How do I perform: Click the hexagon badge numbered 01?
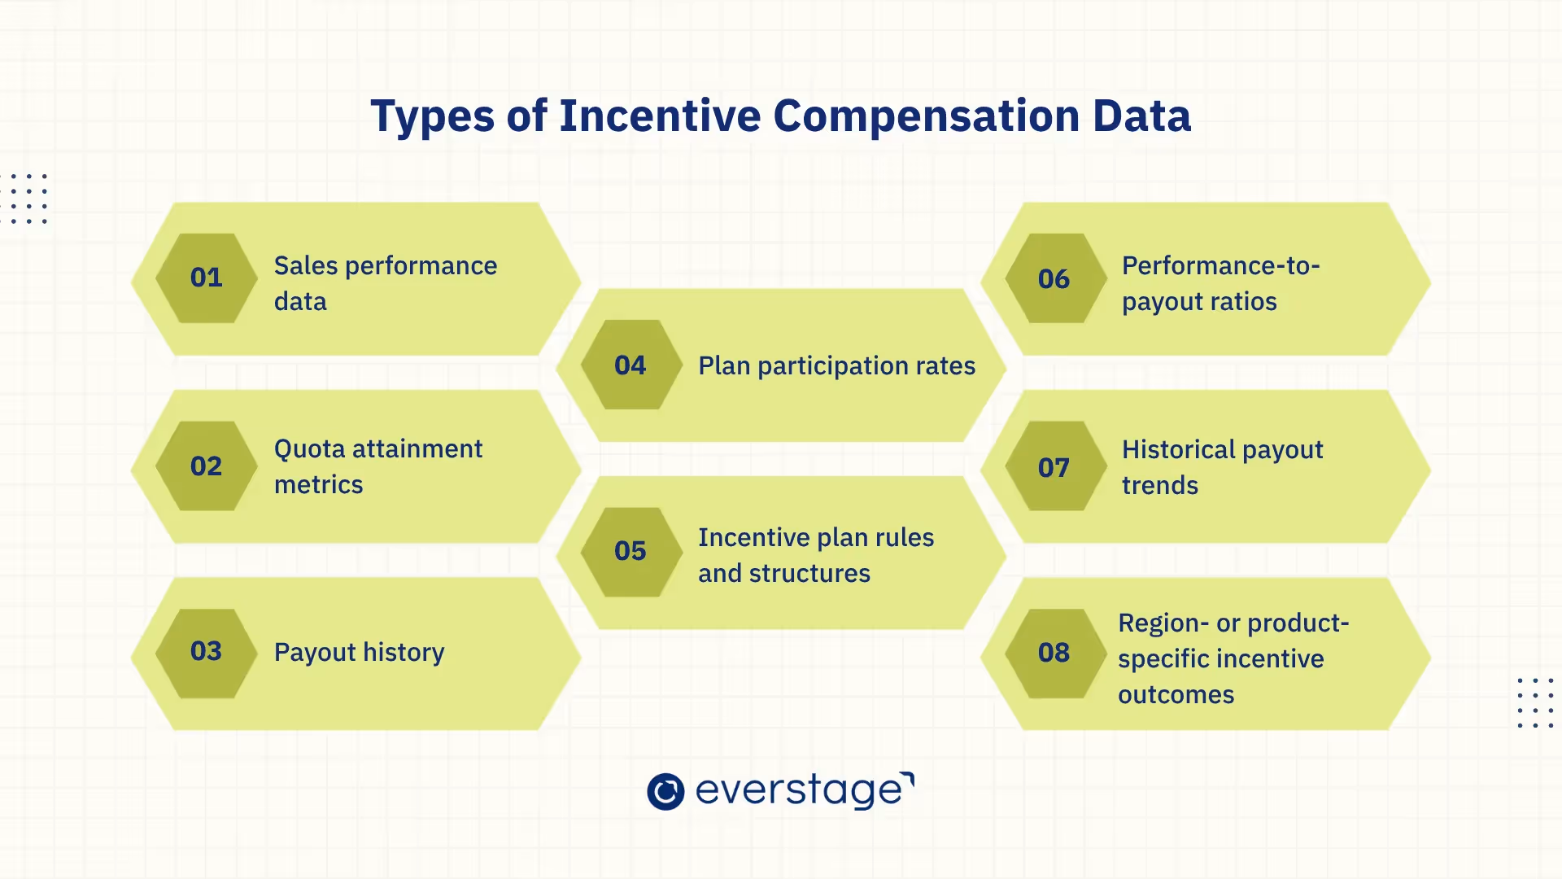(206, 278)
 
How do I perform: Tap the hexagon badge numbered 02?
(206, 466)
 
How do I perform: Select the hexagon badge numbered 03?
(206, 652)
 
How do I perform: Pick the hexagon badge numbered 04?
(630, 365)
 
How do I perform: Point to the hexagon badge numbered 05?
(630, 552)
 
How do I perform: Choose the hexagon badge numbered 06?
(1054, 279)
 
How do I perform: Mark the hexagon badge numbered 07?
(1054, 468)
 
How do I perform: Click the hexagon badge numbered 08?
(1054, 653)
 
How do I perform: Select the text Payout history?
(359, 653)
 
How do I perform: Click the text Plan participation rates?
(836, 366)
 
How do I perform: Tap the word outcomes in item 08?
(1176, 695)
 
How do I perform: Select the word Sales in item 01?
(305, 266)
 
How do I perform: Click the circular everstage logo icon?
(665, 791)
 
